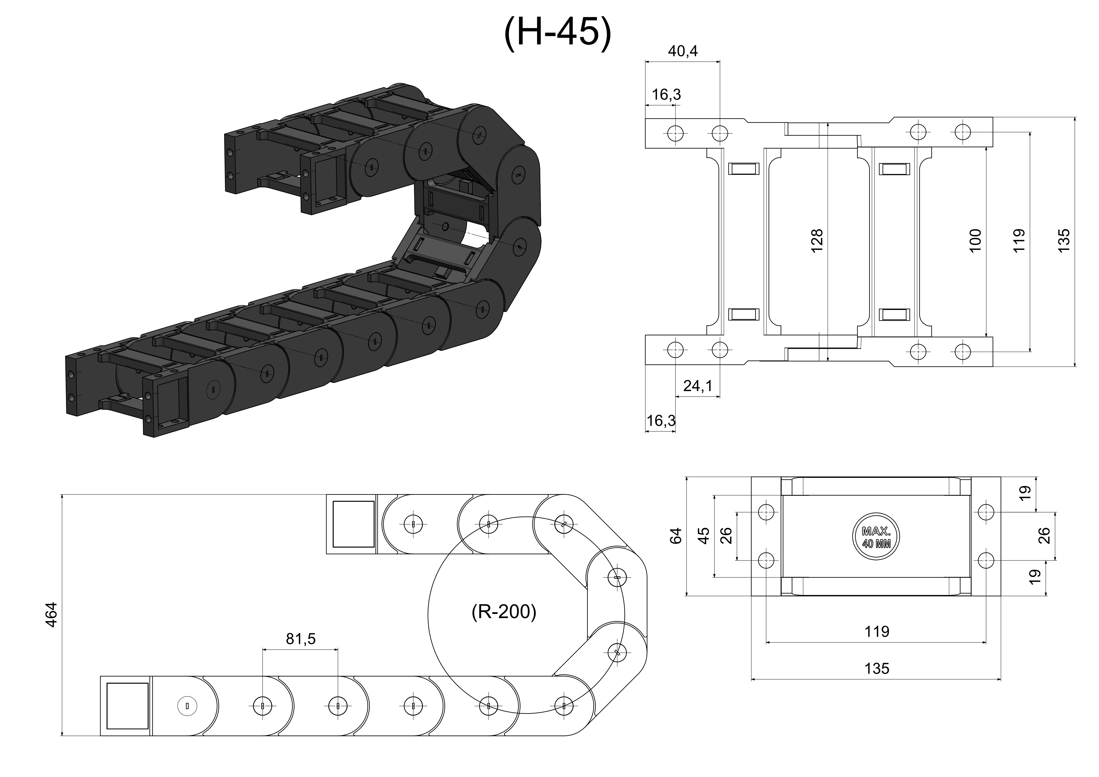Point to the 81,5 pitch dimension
[x=301, y=639]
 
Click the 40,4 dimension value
[x=683, y=51]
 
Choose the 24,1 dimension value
[x=698, y=386]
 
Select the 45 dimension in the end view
[x=704, y=536]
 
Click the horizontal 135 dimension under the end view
[x=876, y=668]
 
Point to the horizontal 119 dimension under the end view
[x=876, y=632]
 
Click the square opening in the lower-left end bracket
[x=127, y=706]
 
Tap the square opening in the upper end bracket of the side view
[x=354, y=524]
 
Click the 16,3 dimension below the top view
[x=661, y=421]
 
